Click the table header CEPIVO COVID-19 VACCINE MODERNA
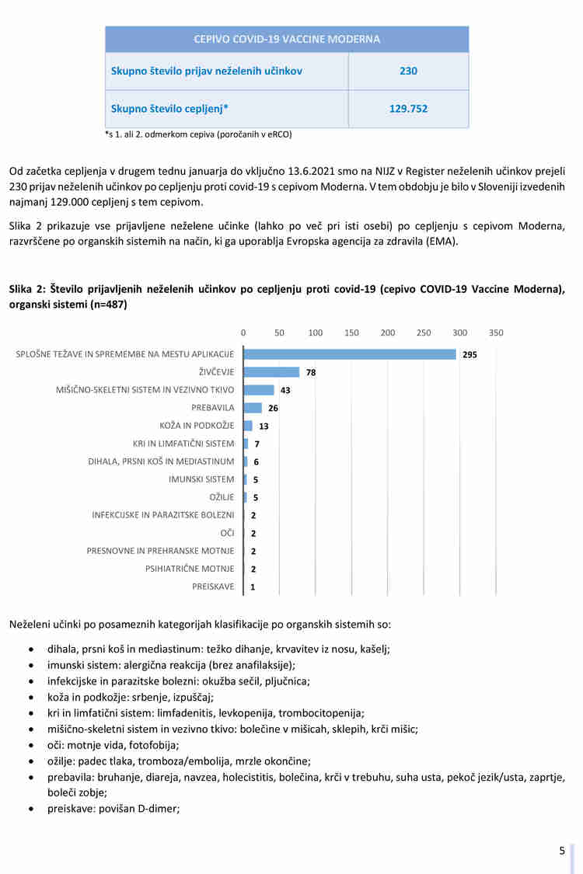[287, 39]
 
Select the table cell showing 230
[408, 71]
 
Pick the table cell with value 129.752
[408, 109]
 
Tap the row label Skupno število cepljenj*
[169, 109]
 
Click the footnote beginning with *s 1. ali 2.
[198, 134]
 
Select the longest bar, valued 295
[349, 354]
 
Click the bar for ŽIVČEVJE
[271, 372]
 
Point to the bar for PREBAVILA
[253, 408]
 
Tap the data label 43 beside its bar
[285, 391]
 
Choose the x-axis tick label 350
[496, 333]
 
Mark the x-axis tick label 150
[351, 333]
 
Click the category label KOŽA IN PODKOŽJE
[197, 426]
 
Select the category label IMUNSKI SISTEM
[201, 479]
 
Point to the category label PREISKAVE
[213, 587]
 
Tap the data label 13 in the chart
[264, 427]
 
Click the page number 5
[562, 851]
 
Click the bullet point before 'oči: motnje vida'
[30, 745]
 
